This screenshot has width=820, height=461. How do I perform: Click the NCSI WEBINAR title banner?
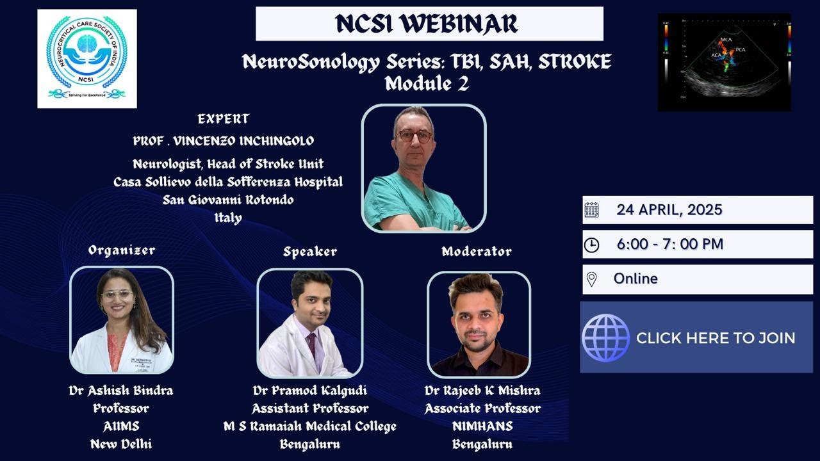point(429,24)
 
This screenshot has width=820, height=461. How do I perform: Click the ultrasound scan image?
point(724,62)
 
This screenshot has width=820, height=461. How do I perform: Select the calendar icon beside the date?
point(591,210)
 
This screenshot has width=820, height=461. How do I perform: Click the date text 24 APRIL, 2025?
point(669,209)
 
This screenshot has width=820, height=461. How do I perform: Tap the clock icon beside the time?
point(591,245)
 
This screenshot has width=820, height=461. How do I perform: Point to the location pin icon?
point(591,279)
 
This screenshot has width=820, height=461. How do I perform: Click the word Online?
point(635,279)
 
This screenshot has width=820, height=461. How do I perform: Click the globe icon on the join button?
point(605,337)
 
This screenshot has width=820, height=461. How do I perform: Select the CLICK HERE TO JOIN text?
point(716,338)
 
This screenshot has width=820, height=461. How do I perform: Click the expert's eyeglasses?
point(414,136)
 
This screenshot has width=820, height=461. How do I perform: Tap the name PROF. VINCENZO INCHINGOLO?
point(224,141)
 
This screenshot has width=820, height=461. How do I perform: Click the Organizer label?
point(122,250)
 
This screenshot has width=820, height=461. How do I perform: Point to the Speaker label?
point(310,252)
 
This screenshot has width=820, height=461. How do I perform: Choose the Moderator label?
point(477,252)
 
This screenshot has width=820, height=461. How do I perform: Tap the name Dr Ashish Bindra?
point(121,391)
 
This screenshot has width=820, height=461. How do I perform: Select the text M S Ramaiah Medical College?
point(310,426)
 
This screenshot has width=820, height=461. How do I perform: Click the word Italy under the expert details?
point(228,218)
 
